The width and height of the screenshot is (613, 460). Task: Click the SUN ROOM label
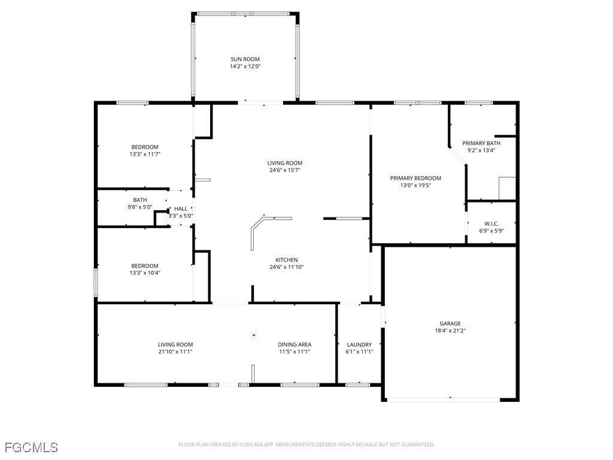tap(245, 59)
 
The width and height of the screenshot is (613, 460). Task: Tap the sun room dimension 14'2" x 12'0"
tap(245, 66)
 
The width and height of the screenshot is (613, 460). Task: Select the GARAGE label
tap(450, 323)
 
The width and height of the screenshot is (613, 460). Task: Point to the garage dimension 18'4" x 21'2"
tap(450, 331)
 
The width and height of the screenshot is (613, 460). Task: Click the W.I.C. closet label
tap(491, 223)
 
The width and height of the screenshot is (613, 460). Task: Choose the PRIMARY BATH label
tap(481, 143)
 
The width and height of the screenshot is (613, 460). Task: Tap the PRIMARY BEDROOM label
tap(415, 178)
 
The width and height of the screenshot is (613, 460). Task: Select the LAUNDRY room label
tap(359, 344)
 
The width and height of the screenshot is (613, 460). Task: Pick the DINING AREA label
tap(295, 344)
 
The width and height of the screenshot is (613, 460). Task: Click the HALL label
tap(181, 208)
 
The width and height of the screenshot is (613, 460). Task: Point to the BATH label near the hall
tap(140, 200)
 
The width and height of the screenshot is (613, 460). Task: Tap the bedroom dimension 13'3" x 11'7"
tap(145, 155)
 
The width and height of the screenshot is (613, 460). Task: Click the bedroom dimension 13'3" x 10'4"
tap(145, 273)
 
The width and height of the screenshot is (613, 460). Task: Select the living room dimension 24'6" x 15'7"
tap(284, 170)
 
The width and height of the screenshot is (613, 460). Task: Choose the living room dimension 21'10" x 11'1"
tap(175, 352)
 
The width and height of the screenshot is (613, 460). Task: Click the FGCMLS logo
tap(31, 447)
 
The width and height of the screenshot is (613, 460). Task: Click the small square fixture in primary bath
tap(507, 188)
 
